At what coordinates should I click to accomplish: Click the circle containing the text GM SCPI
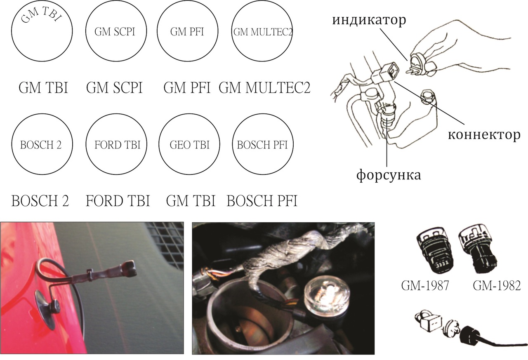coord(86,31)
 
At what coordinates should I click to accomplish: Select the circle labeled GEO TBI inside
coord(159,144)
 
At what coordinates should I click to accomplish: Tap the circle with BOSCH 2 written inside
coord(12,144)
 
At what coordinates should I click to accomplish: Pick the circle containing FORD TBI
coord(86,144)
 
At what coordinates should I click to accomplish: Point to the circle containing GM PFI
coord(158,31)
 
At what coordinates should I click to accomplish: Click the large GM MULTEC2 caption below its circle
coord(264,88)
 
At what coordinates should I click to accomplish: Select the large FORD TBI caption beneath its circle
coord(118,201)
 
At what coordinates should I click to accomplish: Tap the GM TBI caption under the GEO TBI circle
coord(191,201)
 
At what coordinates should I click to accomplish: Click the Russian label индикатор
coord(369,20)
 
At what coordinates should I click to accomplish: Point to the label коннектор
coord(484,135)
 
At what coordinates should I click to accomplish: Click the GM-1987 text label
coord(425,285)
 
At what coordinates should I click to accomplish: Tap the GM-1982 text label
coord(497,285)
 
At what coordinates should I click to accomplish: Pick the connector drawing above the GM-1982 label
coord(477,250)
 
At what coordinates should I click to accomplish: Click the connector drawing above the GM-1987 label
coord(434,250)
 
